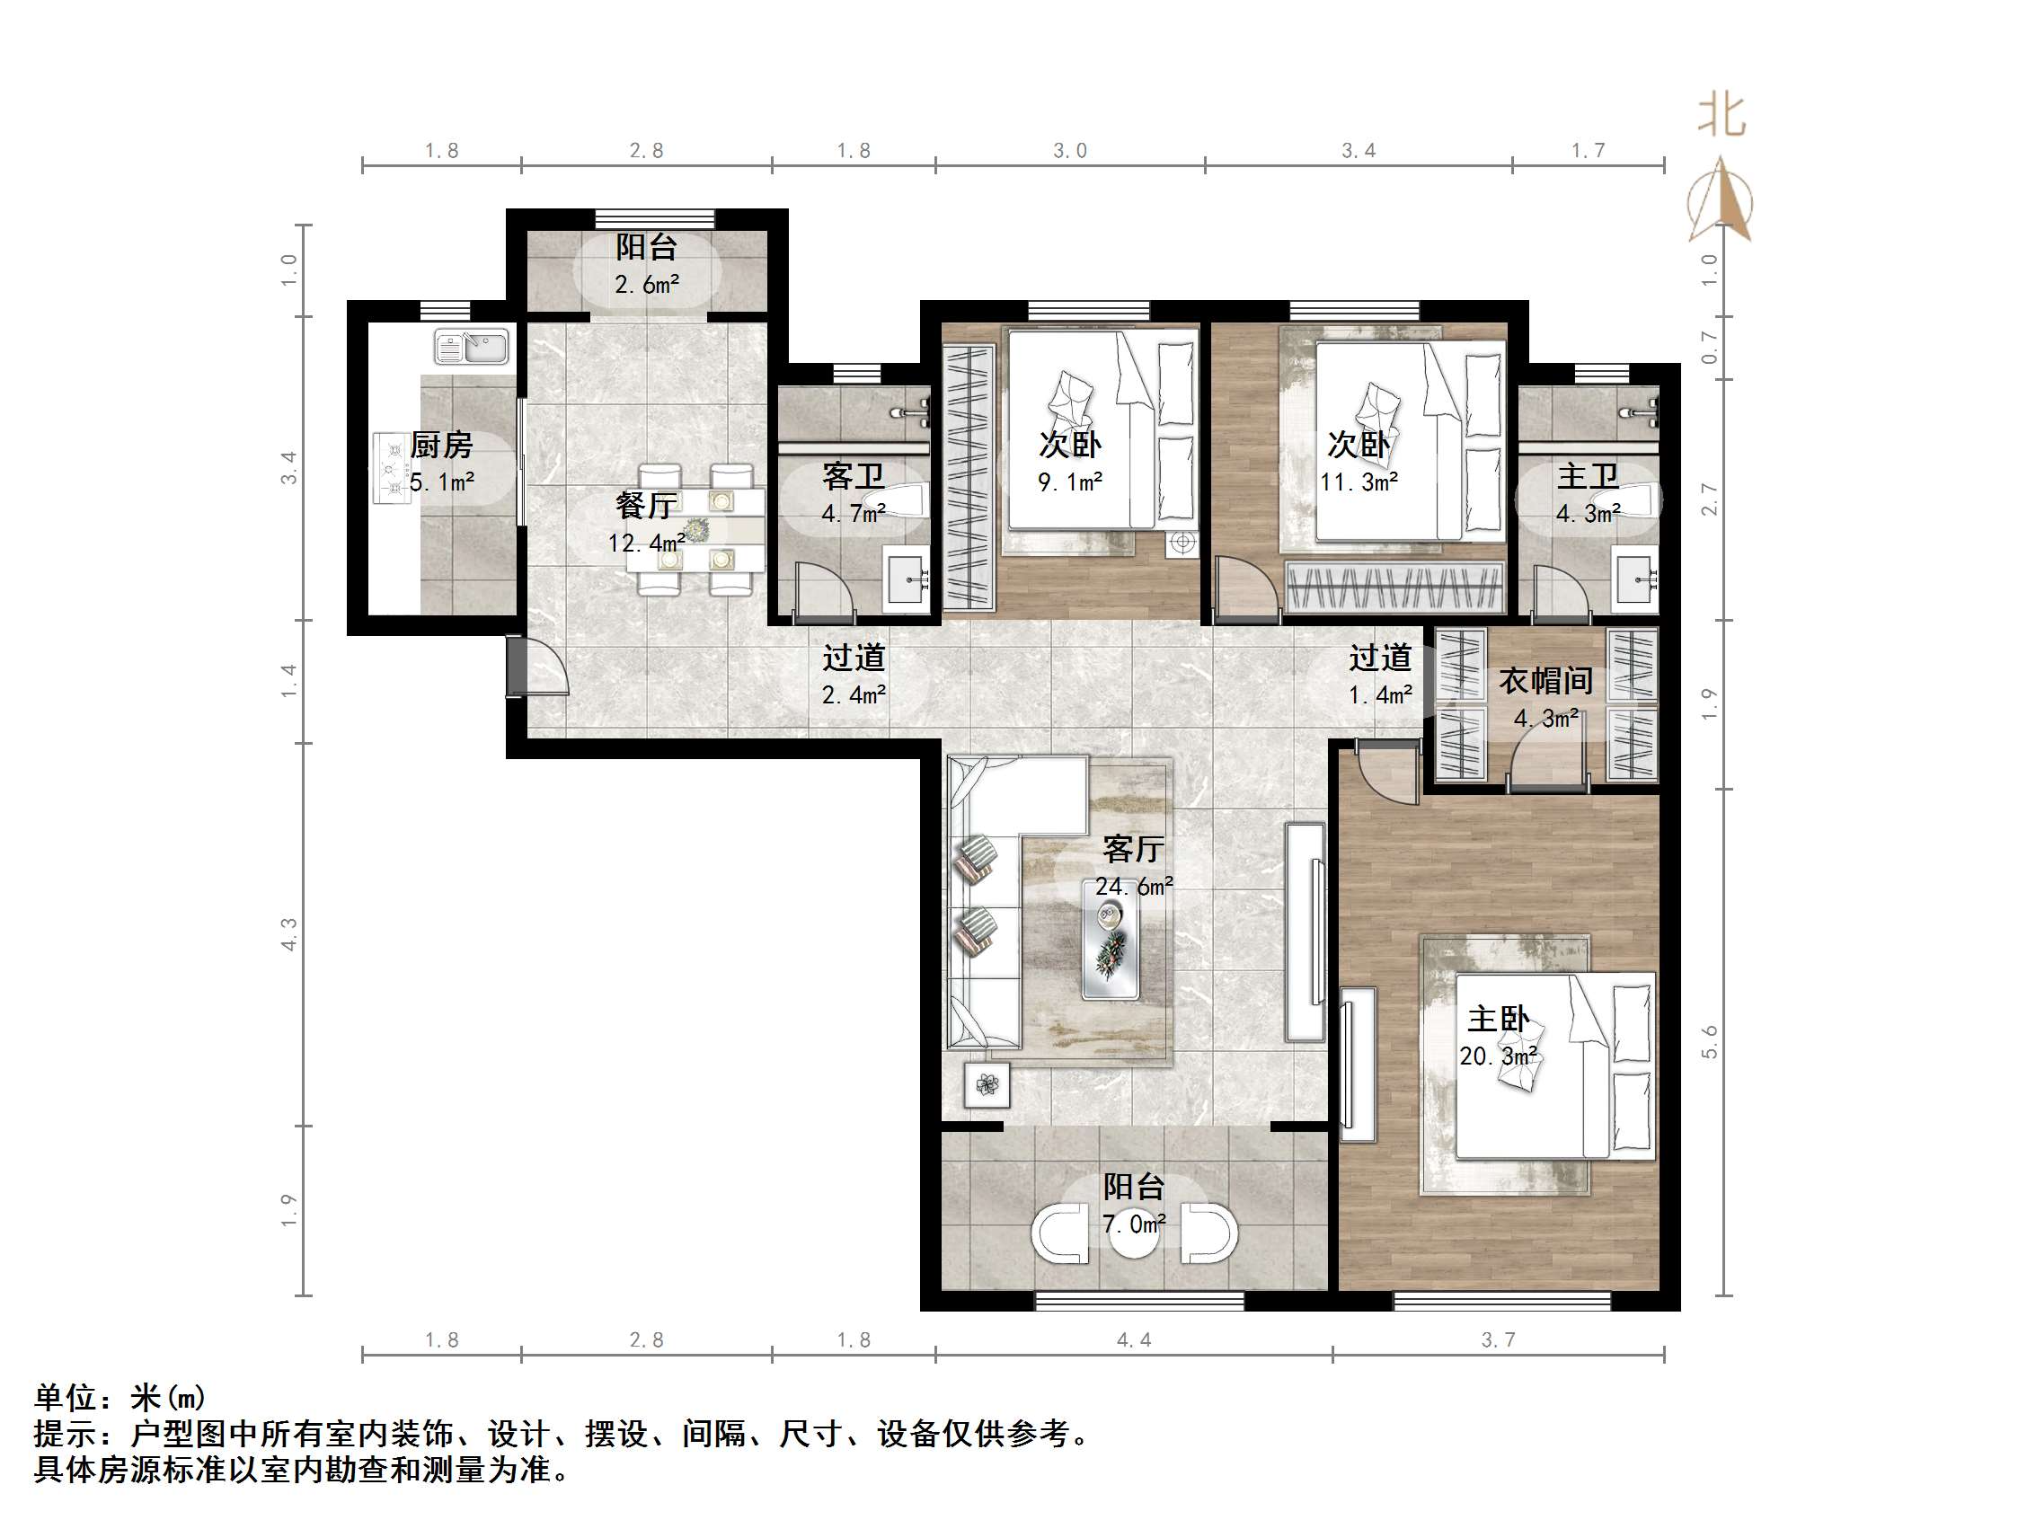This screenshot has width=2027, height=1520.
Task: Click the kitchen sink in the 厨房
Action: (471, 348)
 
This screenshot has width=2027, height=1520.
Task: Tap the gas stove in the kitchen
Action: (393, 469)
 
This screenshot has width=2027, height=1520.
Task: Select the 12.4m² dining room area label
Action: (646, 543)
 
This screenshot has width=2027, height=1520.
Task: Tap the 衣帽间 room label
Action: (1545, 681)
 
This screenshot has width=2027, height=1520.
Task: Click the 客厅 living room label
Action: (1133, 849)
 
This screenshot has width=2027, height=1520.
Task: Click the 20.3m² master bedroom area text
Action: (1498, 1056)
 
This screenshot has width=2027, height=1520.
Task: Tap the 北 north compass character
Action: (1721, 117)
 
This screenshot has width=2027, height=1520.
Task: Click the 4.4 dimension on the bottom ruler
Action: (1134, 1340)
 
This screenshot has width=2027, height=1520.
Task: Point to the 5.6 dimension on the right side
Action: (1710, 1042)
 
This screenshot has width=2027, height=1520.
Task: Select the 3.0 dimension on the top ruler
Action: (1069, 151)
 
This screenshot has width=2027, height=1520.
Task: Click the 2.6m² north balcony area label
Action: (647, 285)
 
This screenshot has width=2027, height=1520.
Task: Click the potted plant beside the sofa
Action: (987, 1085)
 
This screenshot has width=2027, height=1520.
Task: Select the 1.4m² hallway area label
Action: (1379, 695)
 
